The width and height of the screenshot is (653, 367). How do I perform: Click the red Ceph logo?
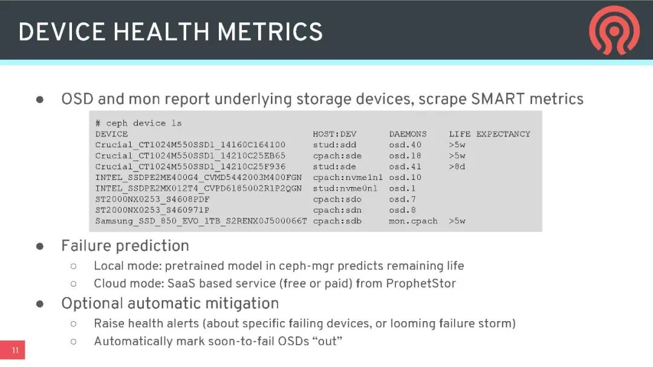614,30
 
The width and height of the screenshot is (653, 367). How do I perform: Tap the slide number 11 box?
13,350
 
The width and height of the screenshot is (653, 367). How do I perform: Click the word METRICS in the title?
270,32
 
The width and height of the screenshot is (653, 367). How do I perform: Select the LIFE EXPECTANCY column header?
489,134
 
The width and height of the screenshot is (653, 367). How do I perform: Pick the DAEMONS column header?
408,134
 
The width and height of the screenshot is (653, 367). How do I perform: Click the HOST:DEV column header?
334,134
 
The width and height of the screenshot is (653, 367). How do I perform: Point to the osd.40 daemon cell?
405,145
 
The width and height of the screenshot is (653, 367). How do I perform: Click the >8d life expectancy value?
457,167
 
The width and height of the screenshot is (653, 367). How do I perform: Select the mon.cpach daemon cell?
413,221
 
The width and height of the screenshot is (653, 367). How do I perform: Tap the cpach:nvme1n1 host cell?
348,177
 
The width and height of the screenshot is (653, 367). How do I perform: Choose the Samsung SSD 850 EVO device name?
201,221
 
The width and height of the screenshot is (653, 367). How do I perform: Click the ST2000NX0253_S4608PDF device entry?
152,200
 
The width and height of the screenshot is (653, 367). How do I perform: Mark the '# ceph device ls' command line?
138,124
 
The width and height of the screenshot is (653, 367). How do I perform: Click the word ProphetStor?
421,284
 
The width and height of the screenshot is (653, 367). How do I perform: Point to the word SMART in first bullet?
498,99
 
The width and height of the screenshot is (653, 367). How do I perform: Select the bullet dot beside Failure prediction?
40,246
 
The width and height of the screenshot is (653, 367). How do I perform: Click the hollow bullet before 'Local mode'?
74,266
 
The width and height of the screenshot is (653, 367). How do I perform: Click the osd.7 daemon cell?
402,200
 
